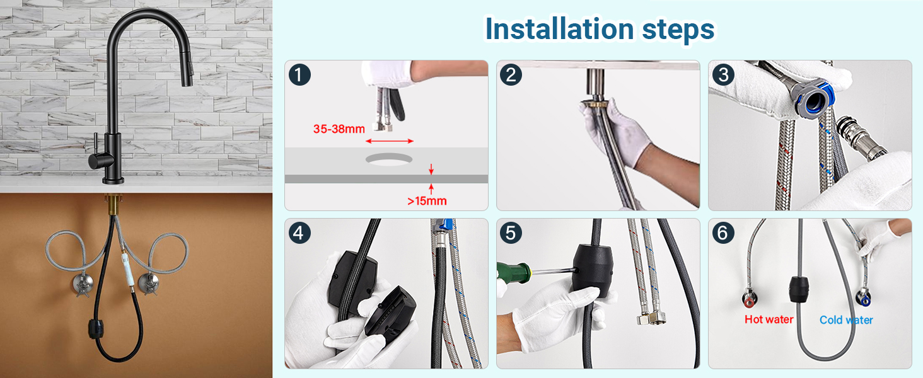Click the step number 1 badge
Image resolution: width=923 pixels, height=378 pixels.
click(x=299, y=74)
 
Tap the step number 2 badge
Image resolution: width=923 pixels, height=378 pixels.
click(x=511, y=74)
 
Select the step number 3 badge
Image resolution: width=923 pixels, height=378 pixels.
click(x=723, y=74)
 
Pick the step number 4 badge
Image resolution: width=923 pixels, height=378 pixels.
click(x=299, y=232)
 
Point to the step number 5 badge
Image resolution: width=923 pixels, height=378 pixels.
click(x=511, y=232)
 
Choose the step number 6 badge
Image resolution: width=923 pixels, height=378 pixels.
click(x=723, y=232)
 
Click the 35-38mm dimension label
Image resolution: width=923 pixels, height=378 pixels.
click(x=339, y=129)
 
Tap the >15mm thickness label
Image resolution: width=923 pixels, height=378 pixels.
click(x=427, y=201)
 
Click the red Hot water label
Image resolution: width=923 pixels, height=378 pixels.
click(x=769, y=319)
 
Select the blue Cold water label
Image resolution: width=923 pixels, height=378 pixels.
click(x=846, y=320)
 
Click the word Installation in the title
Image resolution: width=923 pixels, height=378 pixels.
click(x=559, y=29)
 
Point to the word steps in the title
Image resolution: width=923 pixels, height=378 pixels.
click(x=678, y=30)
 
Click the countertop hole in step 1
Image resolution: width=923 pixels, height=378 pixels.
click(x=389, y=159)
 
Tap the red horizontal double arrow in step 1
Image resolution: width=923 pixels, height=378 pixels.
click(x=390, y=141)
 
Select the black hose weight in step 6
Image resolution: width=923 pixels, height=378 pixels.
click(x=799, y=289)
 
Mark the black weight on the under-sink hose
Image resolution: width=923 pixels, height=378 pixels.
click(x=97, y=329)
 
